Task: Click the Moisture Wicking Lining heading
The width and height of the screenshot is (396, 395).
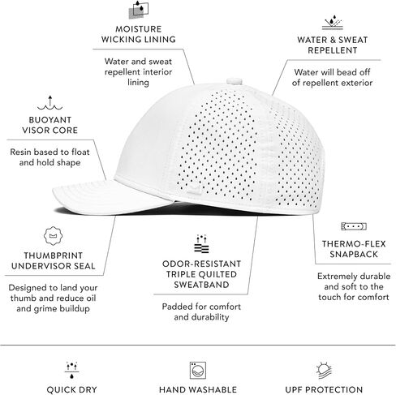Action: [x=139, y=34]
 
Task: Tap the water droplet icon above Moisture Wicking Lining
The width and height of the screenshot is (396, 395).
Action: [x=139, y=10]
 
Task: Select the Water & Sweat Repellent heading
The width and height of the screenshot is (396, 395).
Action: [x=333, y=45]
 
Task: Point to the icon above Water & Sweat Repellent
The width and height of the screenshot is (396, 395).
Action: [x=333, y=23]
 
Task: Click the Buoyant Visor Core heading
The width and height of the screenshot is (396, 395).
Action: [x=49, y=125]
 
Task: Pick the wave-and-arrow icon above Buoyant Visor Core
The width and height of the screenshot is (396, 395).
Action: [x=50, y=103]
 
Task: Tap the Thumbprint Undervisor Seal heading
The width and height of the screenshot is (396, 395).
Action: [x=54, y=260]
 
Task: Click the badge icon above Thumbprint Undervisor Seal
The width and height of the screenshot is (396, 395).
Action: [x=53, y=236]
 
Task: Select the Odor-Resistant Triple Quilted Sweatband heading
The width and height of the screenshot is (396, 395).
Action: [x=201, y=274]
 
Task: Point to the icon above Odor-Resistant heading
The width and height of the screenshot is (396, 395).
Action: [x=201, y=243]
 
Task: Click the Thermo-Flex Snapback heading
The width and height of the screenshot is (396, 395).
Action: [x=354, y=249]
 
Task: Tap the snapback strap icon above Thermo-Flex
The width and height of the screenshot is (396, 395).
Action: [x=354, y=226]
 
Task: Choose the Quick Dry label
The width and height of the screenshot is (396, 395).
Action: [x=71, y=389]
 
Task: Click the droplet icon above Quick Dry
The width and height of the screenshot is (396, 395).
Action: [x=71, y=370]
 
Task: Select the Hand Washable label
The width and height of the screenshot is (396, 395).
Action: [x=198, y=389]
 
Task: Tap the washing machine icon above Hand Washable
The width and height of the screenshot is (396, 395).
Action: [x=198, y=370]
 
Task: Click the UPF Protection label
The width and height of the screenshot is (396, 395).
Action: [x=324, y=389]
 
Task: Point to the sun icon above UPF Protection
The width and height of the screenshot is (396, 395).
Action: [x=324, y=370]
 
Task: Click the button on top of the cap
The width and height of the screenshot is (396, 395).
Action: [x=235, y=81]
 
